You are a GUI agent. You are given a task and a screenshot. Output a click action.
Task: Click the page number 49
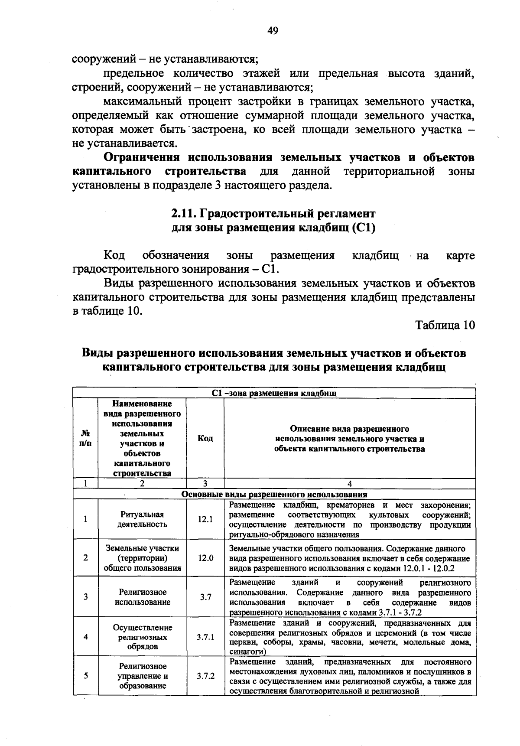tap(273, 30)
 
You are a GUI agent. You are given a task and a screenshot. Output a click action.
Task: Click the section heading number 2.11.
tap(184, 213)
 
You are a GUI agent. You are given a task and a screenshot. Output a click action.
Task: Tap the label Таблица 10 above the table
tap(445, 325)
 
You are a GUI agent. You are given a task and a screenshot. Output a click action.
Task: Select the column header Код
tap(205, 438)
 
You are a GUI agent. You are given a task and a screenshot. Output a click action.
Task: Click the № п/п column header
tap(86, 438)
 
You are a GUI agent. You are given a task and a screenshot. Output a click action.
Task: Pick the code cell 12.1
tap(205, 519)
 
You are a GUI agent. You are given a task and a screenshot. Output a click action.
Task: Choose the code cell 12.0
tap(205, 558)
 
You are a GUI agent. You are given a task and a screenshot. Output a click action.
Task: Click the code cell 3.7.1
tap(205, 637)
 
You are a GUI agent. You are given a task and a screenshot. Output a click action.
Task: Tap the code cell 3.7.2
tap(205, 676)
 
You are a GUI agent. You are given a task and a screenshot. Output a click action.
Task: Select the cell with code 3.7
tap(205, 597)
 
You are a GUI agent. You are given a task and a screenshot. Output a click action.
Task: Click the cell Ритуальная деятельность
tap(142, 519)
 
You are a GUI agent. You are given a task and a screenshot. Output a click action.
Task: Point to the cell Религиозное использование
tap(142, 597)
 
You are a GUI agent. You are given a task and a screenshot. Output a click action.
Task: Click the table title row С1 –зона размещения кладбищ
tap(274, 393)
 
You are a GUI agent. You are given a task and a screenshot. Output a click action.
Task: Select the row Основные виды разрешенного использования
tap(274, 494)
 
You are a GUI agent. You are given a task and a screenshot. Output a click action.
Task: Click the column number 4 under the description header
tap(349, 484)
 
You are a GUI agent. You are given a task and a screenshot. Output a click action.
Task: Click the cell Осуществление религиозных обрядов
tap(142, 637)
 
